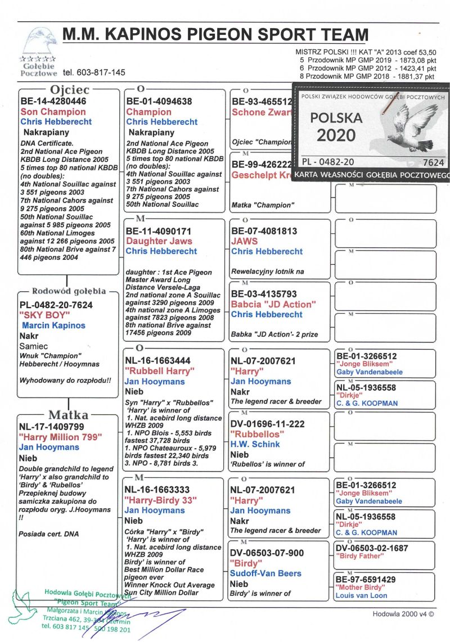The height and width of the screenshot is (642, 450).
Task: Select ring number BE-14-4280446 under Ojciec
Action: (53, 102)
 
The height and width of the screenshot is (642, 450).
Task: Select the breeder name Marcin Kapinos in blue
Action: (53, 325)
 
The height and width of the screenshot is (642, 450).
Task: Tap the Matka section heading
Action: (67, 415)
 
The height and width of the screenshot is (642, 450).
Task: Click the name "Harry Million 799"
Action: (61, 437)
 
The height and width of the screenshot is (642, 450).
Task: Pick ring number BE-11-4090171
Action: (159, 231)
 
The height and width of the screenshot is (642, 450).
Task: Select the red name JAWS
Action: (245, 241)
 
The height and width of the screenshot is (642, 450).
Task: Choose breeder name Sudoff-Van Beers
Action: (265, 573)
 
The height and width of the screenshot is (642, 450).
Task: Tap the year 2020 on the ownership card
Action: (336, 135)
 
